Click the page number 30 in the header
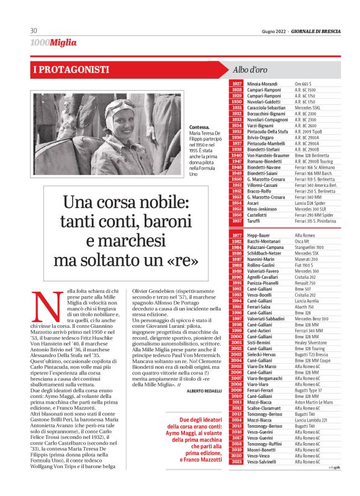pos(34,30)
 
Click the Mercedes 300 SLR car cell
pos(313,208)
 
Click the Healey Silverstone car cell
pos(315,341)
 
